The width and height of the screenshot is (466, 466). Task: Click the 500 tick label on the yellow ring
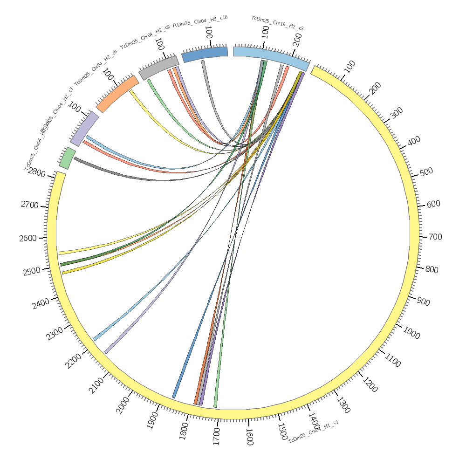(426, 172)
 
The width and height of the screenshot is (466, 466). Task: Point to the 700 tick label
(435, 237)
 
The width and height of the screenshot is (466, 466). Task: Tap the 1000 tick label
(411, 333)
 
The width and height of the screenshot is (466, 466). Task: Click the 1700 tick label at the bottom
(216, 437)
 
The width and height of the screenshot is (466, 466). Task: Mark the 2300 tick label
(55, 334)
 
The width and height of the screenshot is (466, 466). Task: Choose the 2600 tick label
(27, 239)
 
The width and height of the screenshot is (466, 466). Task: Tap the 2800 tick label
(36, 172)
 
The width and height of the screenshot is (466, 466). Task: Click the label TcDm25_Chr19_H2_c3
(277, 23)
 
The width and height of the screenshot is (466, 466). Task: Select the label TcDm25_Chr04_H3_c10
(199, 21)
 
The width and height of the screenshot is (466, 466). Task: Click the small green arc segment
(67, 158)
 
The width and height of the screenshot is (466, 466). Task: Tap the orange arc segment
(117, 94)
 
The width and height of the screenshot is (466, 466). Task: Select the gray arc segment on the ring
(158, 68)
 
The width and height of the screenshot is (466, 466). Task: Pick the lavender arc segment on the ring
(84, 129)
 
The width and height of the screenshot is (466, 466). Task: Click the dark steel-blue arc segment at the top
(205, 54)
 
